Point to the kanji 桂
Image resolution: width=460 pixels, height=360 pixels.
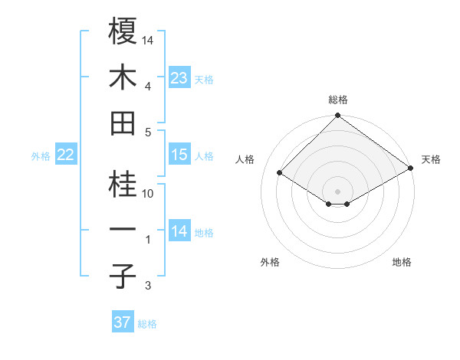(123, 185)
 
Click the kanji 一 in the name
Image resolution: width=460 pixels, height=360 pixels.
(123, 231)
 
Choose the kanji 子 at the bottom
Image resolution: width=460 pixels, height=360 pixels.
(123, 276)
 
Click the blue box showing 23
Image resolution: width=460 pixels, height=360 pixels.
(179, 78)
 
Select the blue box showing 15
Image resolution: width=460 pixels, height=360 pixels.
(179, 155)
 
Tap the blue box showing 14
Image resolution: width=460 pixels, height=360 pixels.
(179, 231)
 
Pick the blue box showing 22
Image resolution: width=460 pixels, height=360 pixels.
(66, 155)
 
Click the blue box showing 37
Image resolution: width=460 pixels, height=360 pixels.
(123, 322)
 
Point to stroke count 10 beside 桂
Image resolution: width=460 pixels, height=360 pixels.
(148, 194)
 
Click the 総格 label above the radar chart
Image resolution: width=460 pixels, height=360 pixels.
(337, 100)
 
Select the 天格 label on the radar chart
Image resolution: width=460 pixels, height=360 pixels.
(431, 159)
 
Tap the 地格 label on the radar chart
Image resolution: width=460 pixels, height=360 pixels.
(402, 262)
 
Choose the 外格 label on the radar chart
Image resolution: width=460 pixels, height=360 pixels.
(270, 262)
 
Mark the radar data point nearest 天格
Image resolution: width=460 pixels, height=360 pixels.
(411, 169)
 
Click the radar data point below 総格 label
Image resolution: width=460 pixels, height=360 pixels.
(337, 116)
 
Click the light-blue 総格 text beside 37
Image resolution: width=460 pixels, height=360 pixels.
(147, 324)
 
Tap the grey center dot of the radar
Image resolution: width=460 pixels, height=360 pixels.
(337, 190)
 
